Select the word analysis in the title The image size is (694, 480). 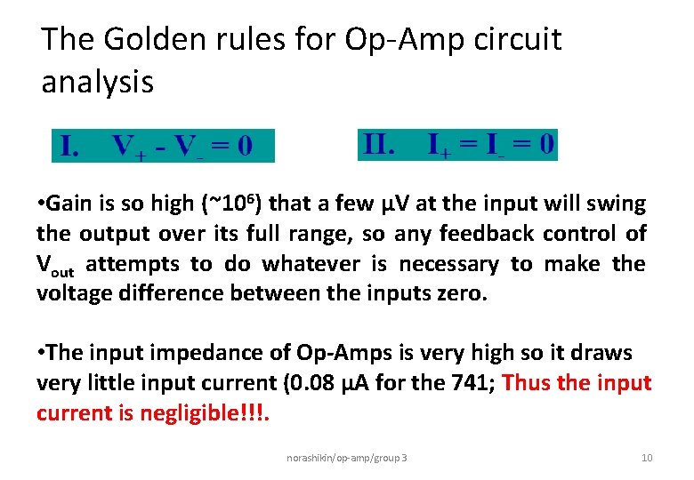click(x=97, y=83)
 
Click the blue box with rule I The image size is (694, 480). click(x=163, y=146)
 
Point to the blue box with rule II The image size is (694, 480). click(x=457, y=144)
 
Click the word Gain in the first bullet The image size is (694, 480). click(x=73, y=204)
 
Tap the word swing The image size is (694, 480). click(x=616, y=204)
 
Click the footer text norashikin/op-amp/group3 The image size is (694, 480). click(x=347, y=458)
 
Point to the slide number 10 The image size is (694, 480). click(x=647, y=458)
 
